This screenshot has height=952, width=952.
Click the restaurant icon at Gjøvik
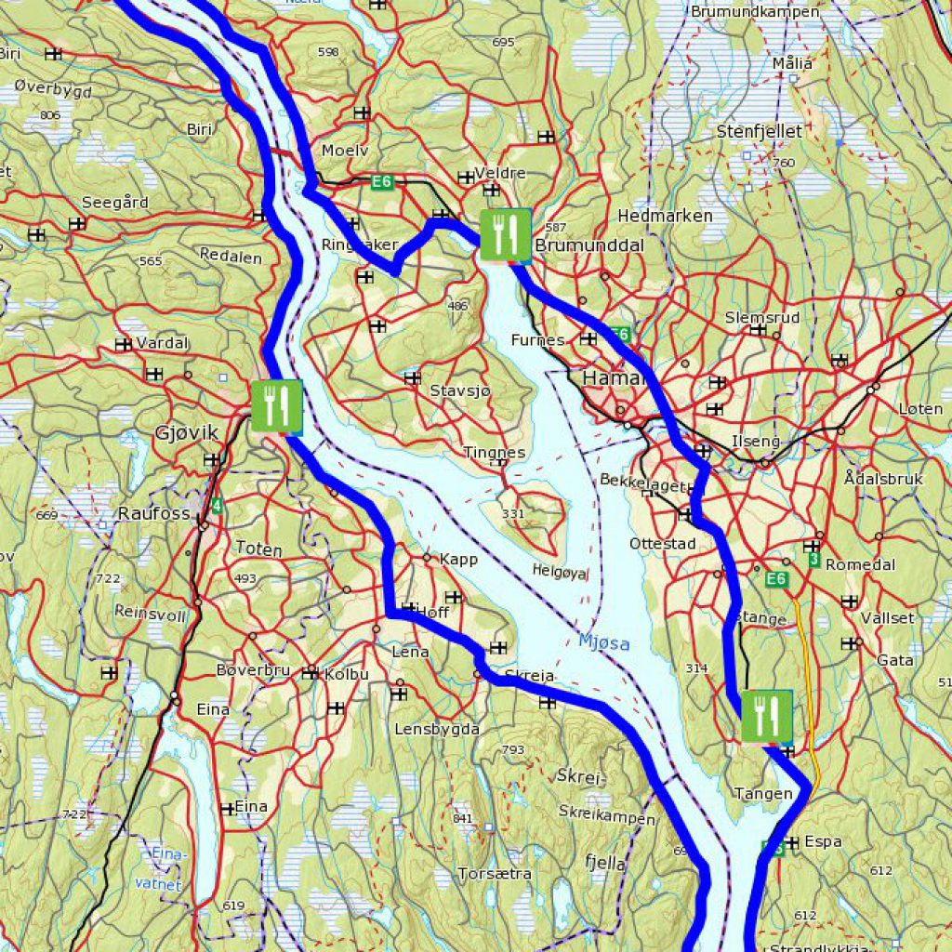click(x=276, y=406)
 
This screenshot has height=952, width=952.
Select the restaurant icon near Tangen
click(x=766, y=716)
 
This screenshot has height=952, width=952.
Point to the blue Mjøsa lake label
click(x=603, y=641)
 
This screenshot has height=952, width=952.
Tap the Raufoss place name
click(x=153, y=513)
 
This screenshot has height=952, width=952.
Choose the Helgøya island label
click(x=561, y=572)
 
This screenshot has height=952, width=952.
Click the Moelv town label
click(x=345, y=151)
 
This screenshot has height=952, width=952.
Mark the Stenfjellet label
click(x=759, y=132)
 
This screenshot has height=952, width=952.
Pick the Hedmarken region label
click(x=665, y=216)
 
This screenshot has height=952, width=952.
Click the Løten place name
click(x=920, y=409)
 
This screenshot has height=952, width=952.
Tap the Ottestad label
click(x=662, y=543)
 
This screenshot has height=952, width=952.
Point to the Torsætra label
click(x=495, y=874)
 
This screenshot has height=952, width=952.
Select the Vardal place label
click(x=162, y=343)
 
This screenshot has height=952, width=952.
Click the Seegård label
click(x=115, y=203)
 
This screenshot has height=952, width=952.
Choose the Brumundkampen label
click(x=755, y=12)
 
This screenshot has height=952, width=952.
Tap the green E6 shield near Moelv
click(x=382, y=182)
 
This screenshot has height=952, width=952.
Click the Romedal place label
click(x=860, y=564)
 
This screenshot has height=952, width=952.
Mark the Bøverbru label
click(x=253, y=670)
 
